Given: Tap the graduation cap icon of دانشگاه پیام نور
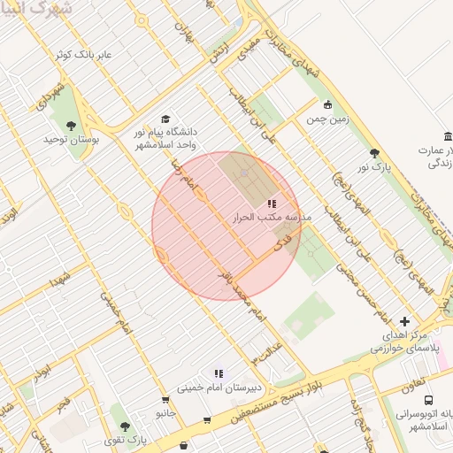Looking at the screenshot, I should (165, 119).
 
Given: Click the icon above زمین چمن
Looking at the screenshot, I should (327, 104).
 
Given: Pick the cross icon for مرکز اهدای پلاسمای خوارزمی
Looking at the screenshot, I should (404, 322).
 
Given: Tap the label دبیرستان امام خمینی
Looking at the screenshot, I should (217, 388).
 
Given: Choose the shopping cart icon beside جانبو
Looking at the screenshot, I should (206, 420).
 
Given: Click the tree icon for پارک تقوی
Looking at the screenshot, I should (124, 426).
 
